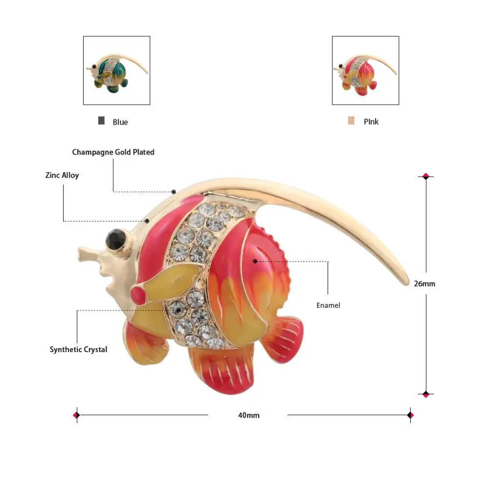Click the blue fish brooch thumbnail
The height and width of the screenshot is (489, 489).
click(x=116, y=70)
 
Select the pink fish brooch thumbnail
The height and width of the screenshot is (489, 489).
click(x=365, y=70)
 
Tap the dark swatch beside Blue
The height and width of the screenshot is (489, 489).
click(x=101, y=121)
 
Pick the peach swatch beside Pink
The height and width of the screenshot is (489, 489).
click(x=351, y=121)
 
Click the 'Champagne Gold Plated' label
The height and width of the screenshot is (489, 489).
click(x=113, y=152)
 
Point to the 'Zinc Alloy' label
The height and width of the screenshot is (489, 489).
click(x=62, y=175)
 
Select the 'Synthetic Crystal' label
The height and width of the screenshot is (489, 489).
click(x=78, y=350)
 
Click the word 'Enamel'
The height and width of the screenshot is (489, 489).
click(x=328, y=305)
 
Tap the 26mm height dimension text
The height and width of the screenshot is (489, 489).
click(x=424, y=283)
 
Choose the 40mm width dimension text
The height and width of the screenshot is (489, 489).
click(x=249, y=415)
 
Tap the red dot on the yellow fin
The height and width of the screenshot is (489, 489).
click(x=139, y=294)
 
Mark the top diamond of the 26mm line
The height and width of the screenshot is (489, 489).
click(x=425, y=176)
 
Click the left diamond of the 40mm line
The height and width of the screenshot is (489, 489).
click(x=76, y=415)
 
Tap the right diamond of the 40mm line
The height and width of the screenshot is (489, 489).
click(x=410, y=415)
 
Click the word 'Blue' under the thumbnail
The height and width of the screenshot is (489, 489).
click(x=120, y=122)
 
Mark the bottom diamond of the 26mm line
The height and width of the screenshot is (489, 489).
click(x=425, y=394)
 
